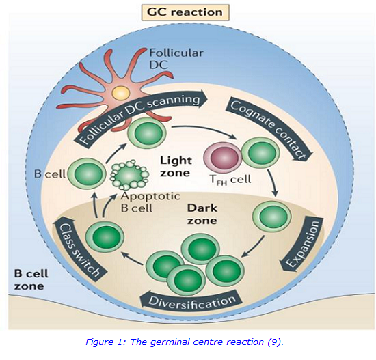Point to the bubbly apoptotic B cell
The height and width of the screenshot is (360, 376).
click(x=130, y=176)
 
